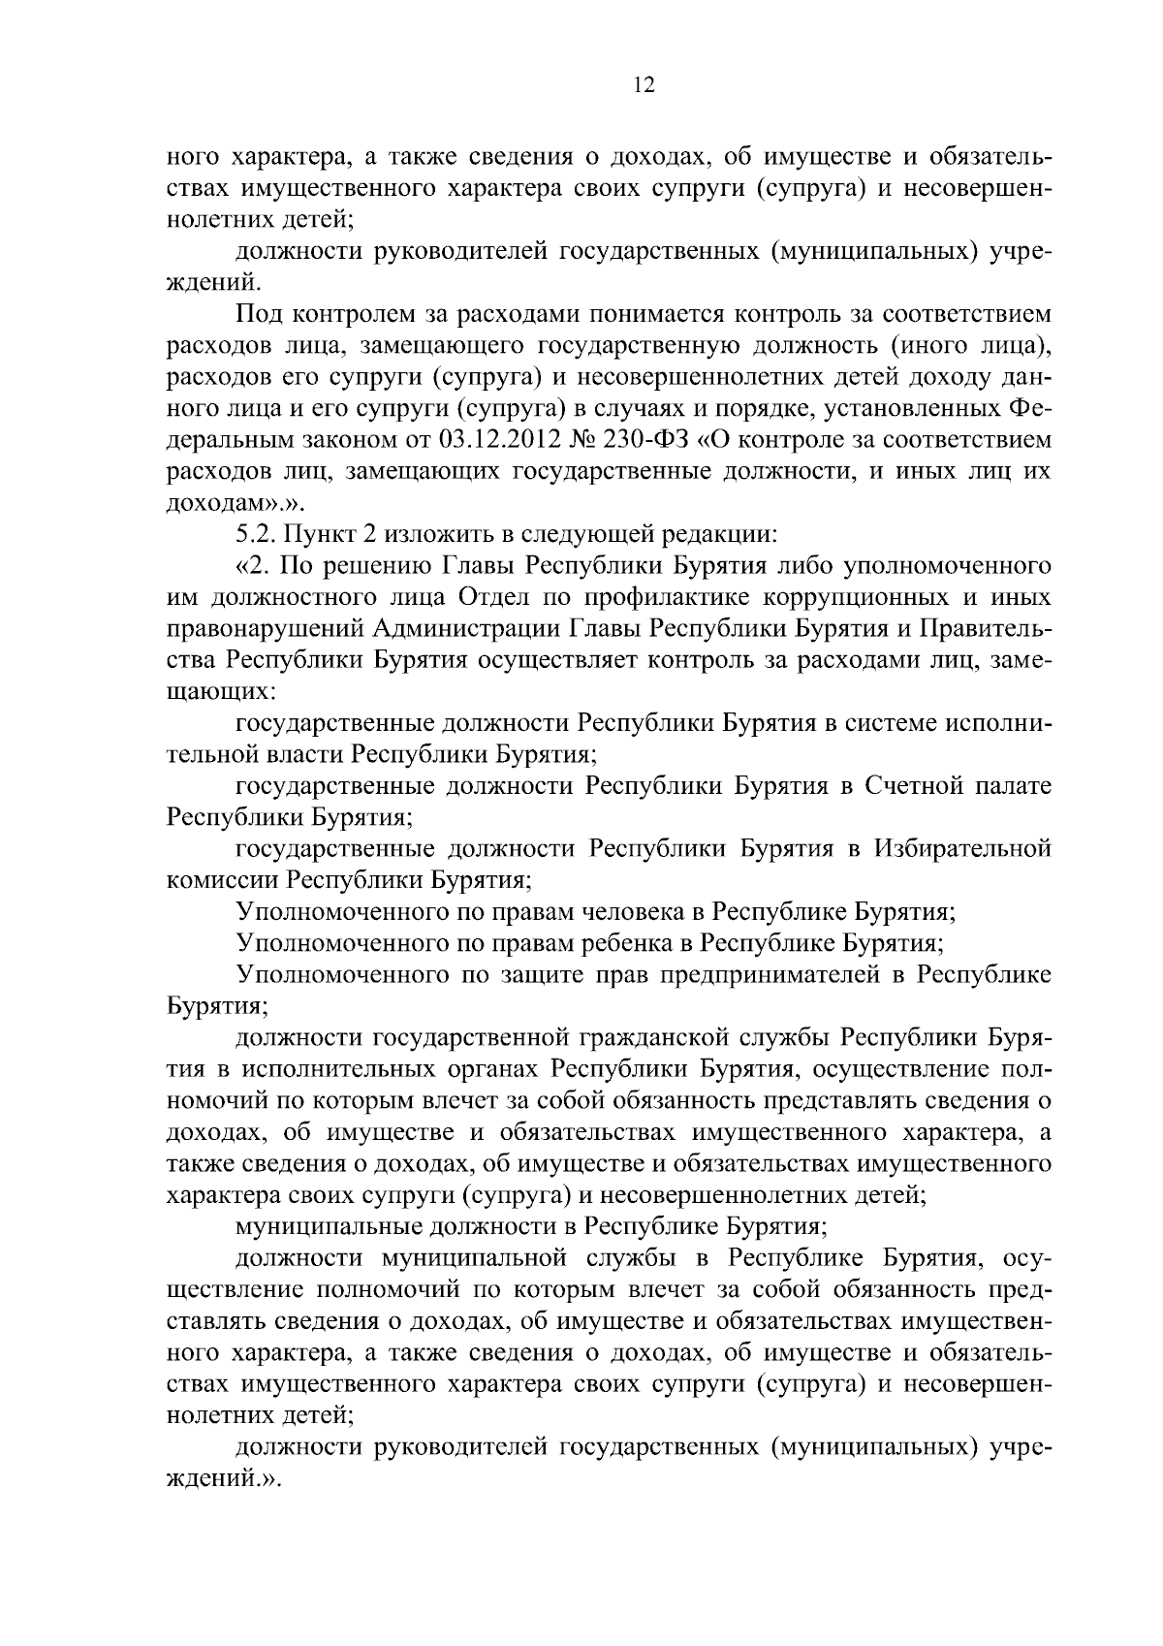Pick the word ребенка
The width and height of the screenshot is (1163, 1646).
(x=635, y=943)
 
